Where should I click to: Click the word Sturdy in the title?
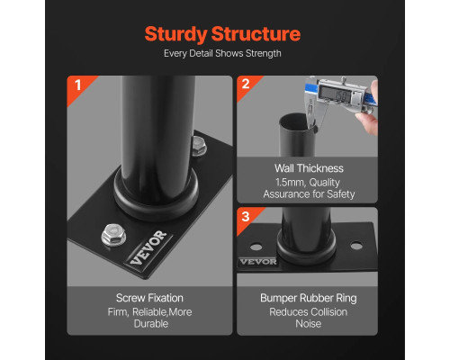(x=176, y=34)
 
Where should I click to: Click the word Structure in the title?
(x=256, y=33)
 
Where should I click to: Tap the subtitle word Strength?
(x=264, y=53)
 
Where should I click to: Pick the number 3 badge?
(x=246, y=217)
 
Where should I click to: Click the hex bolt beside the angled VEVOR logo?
(x=113, y=235)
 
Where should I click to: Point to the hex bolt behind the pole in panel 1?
(x=199, y=146)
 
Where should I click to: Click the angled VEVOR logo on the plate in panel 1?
(x=148, y=247)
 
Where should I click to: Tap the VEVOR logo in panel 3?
(x=258, y=262)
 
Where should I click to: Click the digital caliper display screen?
(x=335, y=94)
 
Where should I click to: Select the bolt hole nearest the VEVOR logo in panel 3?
(x=256, y=247)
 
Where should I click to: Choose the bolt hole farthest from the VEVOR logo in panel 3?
(x=356, y=246)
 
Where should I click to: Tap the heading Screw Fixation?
(x=149, y=298)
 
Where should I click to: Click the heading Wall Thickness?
(x=309, y=168)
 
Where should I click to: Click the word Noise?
(x=309, y=324)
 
